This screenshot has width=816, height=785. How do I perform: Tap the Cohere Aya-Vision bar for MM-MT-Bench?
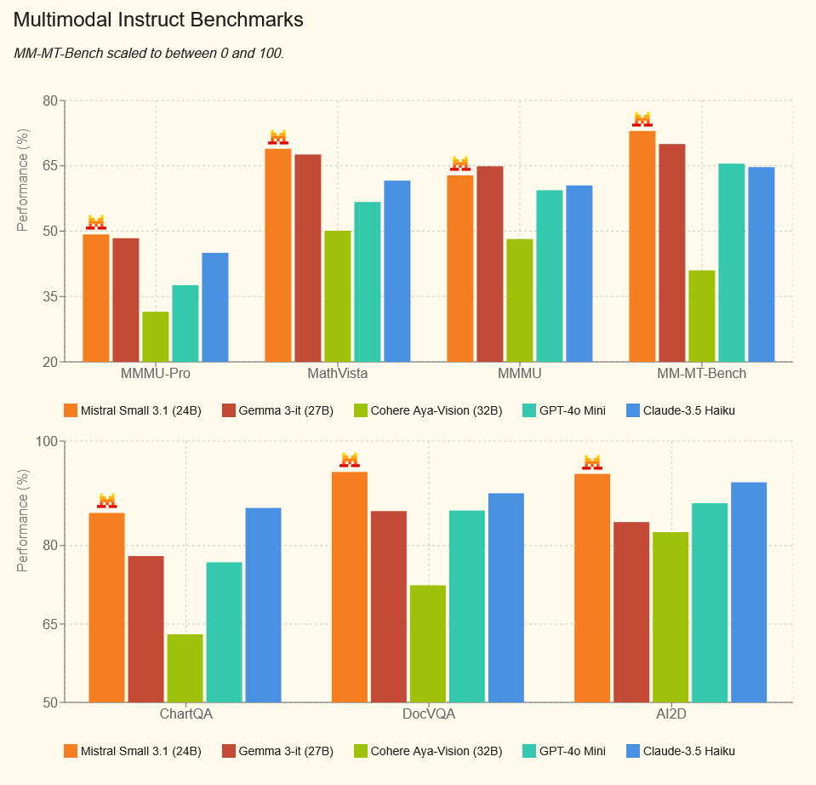[x=702, y=316]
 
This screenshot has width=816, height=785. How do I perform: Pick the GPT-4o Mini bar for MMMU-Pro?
[x=185, y=324]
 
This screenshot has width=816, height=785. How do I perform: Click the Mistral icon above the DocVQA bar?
[x=350, y=461]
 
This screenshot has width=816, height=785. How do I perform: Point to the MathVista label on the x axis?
[x=338, y=374]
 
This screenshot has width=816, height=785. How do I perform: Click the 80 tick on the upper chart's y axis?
[x=49, y=101]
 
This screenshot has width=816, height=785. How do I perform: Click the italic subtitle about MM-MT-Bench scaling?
[x=149, y=53]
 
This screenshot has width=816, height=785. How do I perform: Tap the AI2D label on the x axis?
[x=671, y=714]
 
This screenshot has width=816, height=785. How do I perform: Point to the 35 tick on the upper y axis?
[x=49, y=296]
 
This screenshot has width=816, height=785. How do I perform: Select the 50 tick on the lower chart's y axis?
[x=49, y=702]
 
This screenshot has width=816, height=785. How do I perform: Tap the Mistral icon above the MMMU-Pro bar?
[x=96, y=223]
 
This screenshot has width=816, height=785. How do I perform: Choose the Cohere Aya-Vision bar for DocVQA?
[x=428, y=644]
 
